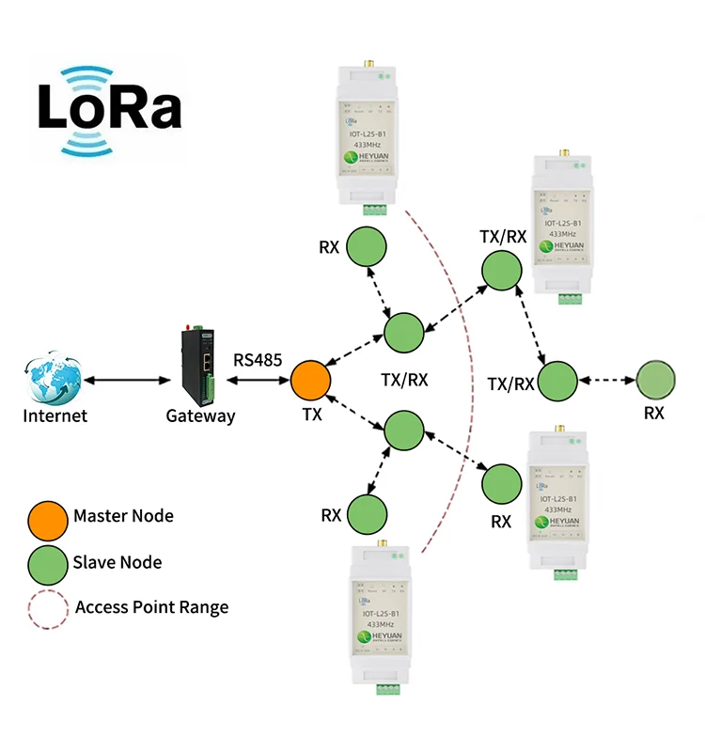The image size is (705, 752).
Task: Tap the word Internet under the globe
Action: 55,415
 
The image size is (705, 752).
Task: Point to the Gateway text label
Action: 200,415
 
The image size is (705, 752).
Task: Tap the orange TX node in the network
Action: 311,380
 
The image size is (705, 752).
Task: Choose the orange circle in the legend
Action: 47,517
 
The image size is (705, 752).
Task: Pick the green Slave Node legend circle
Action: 47,563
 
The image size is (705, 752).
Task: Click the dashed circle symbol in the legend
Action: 47,608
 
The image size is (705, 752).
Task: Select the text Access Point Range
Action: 151,607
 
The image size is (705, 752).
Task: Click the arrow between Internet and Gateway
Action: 122,381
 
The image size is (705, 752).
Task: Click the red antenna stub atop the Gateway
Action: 187,326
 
